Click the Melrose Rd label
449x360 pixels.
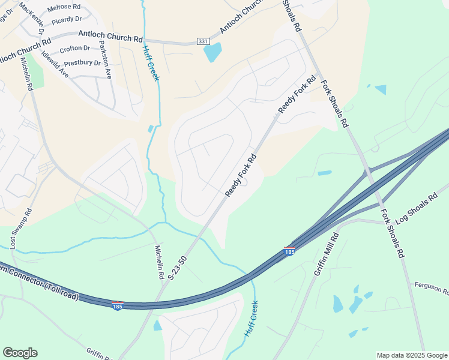(64, 7)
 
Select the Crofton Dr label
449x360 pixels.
(76, 48)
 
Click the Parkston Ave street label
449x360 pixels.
(106, 60)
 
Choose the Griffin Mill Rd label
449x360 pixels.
(327, 254)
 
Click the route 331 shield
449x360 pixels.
(203, 41)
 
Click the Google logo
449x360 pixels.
(20, 353)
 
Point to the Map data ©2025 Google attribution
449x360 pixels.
(412, 355)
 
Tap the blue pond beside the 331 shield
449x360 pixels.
(212, 52)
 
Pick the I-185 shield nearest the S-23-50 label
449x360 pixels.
(118, 306)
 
